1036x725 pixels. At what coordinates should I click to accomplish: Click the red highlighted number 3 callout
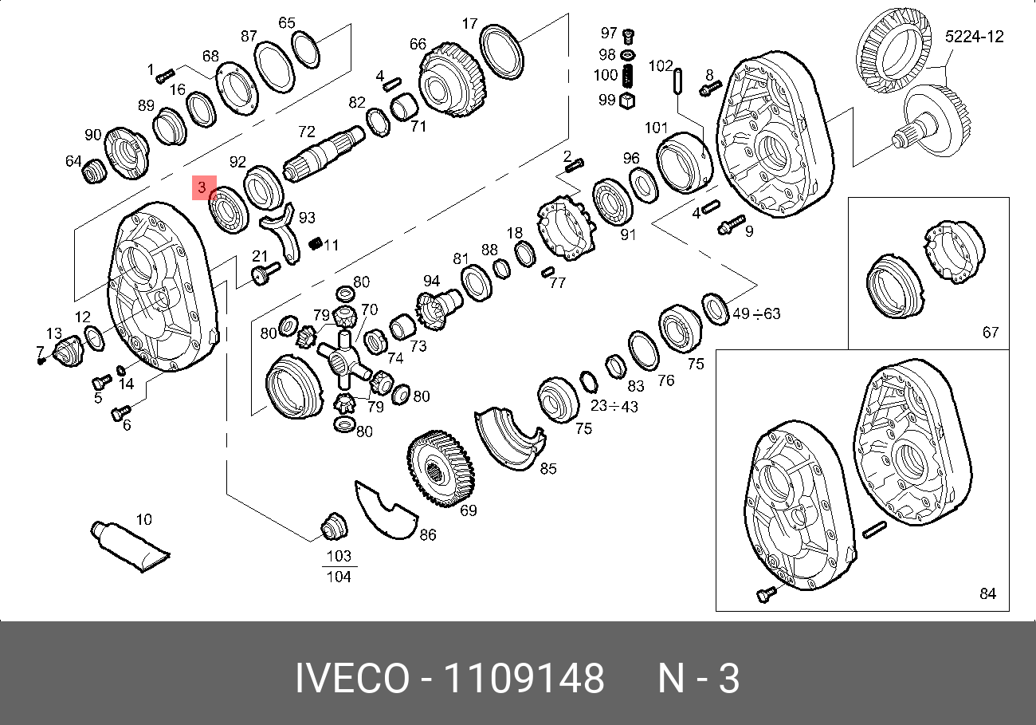(204, 187)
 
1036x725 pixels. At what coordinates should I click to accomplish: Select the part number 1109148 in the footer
(524, 678)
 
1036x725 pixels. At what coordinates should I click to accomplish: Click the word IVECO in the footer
(352, 678)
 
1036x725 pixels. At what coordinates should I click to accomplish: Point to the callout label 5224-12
(974, 37)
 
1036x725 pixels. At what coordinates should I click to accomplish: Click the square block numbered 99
(626, 100)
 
